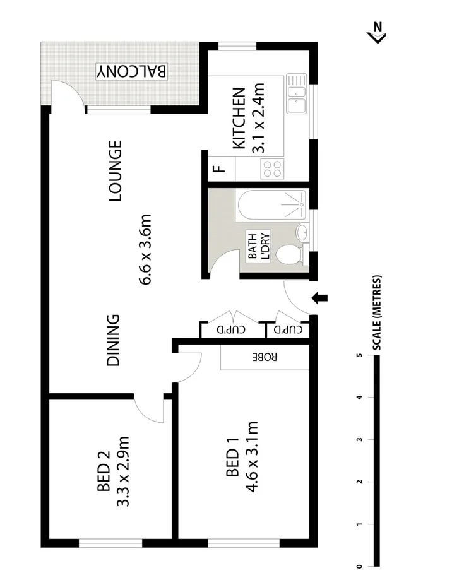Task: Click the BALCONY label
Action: [132, 71]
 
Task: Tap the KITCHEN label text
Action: [239, 119]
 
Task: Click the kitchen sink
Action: [295, 93]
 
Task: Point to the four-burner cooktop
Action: [272, 168]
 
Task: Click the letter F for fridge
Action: [218, 168]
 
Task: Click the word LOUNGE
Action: [115, 172]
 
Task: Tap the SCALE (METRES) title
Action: [377, 313]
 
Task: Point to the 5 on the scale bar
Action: [359, 356]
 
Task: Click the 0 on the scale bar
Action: [359, 566]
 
